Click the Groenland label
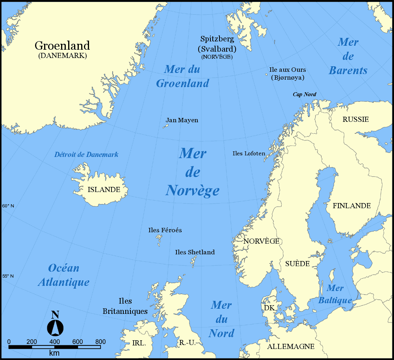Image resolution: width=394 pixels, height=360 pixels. pyautogui.click(x=62, y=46)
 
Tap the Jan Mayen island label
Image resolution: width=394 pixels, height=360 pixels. pyautogui.click(x=182, y=120)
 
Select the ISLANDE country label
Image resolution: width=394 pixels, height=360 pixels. pyautogui.click(x=104, y=190)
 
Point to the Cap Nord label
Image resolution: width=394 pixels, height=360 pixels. pyautogui.click(x=304, y=95)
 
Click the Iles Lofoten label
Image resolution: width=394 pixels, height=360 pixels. pyautogui.click(x=249, y=153)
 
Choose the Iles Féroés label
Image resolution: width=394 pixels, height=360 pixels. pyautogui.click(x=165, y=230)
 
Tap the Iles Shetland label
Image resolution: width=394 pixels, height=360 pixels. pyautogui.click(x=195, y=252)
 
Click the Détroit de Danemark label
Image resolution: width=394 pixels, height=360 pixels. pyautogui.click(x=86, y=155)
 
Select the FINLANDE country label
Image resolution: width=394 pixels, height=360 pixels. pyautogui.click(x=351, y=206)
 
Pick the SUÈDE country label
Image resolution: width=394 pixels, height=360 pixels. pyautogui.click(x=297, y=264)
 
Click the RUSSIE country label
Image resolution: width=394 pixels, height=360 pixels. pyautogui.click(x=355, y=119)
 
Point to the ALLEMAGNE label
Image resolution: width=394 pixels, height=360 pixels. pyautogui.click(x=291, y=347)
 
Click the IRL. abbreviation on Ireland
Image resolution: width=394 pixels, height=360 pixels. pyautogui.click(x=139, y=343)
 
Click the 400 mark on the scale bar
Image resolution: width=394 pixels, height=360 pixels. pyautogui.click(x=54, y=341)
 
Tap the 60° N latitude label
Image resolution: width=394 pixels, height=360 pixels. pyautogui.click(x=8, y=206)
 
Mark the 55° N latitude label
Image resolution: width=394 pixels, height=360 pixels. pyautogui.click(x=8, y=276)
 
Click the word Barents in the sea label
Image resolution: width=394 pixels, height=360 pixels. pyautogui.click(x=348, y=71)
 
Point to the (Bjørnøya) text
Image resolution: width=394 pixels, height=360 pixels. pyautogui.click(x=288, y=78)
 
